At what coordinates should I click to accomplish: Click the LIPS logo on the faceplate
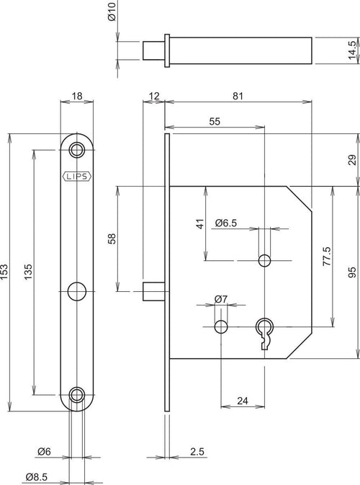coord(77,177)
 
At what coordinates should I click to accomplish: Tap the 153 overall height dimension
coord(4,272)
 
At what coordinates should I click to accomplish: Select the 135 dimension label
coord(28,272)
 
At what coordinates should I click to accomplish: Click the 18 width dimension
coord(77,96)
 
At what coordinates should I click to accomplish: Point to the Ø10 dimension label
coord(112,12)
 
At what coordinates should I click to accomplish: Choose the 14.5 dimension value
coord(352,50)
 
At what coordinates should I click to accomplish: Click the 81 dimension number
coord(238,96)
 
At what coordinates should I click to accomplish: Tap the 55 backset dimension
coord(215,122)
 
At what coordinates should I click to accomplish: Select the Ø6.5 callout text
coord(226,223)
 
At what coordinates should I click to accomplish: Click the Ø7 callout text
coord(220,299)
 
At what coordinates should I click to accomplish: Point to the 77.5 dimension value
coord(327,257)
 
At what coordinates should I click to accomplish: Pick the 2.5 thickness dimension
coord(197,452)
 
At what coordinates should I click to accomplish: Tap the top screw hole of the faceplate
coord(77,150)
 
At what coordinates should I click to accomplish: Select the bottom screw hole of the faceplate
coord(77,395)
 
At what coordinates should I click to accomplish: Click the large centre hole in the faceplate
coord(77,291)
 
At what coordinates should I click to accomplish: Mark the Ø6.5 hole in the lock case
coord(264,260)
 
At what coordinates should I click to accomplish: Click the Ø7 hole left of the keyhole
coord(221,326)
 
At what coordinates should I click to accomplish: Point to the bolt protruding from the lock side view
coord(153,291)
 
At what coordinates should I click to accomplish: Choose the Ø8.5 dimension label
coord(37,477)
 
